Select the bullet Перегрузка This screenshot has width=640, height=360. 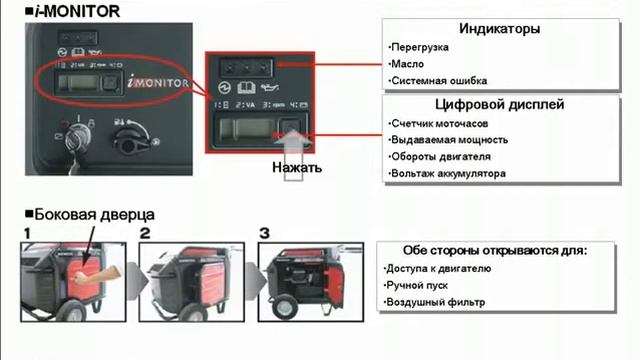pos(419,47)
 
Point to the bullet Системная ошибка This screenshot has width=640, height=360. pos(434,81)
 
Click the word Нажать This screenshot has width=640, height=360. pos(297,167)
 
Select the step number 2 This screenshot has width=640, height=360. pos(144,233)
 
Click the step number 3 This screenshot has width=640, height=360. pos(264,233)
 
